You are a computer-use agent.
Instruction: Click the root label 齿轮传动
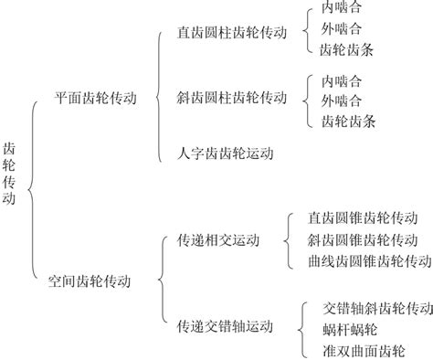10,174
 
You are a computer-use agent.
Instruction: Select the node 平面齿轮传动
96,98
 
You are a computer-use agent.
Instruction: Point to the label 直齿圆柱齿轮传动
232,32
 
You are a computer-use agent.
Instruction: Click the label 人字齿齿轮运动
225,153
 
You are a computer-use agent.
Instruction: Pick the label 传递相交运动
218,240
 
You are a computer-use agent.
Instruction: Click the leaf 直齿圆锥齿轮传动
363,218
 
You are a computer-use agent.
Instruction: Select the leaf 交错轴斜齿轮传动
377,306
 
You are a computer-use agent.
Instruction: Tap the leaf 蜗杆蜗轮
351,328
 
